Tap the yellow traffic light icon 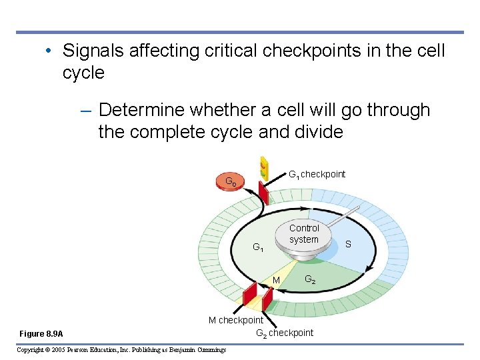[x=263, y=167]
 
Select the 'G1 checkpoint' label [x=317, y=175]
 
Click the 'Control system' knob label [x=304, y=234]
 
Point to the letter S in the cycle [x=348, y=245]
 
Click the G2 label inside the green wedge [x=311, y=279]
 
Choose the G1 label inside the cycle [x=258, y=248]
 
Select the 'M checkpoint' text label [x=236, y=320]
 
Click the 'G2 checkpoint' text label [x=285, y=333]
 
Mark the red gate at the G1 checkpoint [x=264, y=193]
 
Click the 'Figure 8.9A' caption [x=41, y=333]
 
